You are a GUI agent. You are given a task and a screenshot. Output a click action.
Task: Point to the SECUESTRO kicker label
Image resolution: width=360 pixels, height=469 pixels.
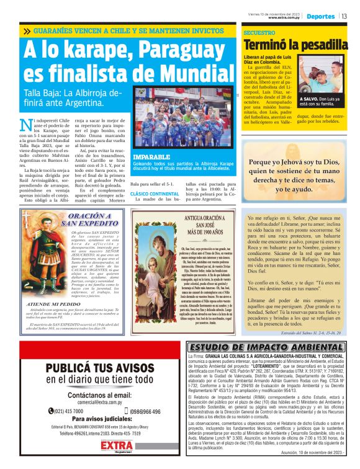tap(259, 32)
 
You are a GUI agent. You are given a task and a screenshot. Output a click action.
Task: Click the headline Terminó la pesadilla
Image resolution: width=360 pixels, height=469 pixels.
tap(295, 45)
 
